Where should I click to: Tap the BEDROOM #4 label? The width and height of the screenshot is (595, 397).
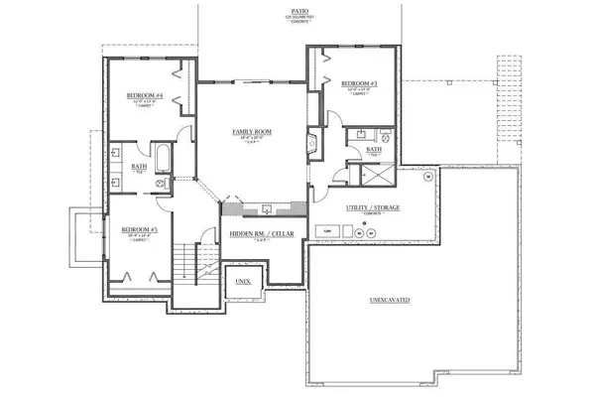coord(145,96)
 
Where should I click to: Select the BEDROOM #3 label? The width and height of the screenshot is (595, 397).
coord(355,83)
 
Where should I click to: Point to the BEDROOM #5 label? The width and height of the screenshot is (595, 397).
coord(136,229)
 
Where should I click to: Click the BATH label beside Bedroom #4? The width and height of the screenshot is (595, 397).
coord(140,167)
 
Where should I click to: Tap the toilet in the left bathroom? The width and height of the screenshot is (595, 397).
coord(162,183)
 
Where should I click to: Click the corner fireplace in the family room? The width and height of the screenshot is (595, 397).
coord(310,142)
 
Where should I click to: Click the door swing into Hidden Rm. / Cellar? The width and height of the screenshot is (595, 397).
coord(205,238)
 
